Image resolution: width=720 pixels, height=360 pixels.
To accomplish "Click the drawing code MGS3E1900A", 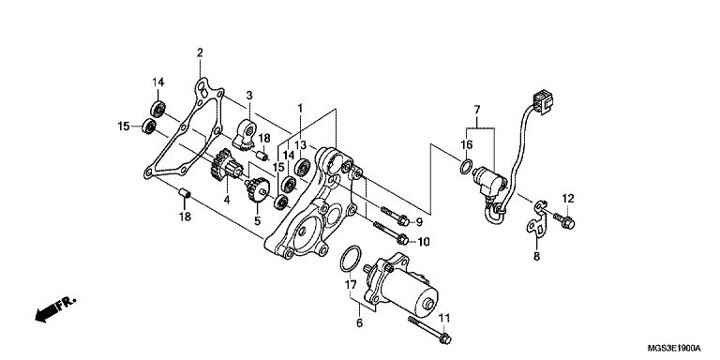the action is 674,347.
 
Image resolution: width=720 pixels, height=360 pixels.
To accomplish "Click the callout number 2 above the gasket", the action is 200,52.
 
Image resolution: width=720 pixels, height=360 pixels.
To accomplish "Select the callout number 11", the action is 444,318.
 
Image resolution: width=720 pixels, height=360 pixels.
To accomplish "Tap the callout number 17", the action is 351,285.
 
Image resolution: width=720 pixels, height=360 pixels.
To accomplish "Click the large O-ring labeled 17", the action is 351,259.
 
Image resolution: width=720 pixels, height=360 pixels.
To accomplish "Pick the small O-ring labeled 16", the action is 466,167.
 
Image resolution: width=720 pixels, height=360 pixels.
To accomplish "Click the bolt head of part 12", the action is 568,223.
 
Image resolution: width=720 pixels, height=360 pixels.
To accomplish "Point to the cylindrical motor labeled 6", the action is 402,286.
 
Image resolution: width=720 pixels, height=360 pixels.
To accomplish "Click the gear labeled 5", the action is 258,190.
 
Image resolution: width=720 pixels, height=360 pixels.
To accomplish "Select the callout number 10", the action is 424,241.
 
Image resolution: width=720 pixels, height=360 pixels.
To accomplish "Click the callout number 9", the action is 419,222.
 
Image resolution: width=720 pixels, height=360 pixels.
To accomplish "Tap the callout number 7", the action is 477,110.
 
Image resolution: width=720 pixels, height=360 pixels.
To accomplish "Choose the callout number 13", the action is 300,145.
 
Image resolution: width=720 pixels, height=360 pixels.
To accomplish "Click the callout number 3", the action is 249,96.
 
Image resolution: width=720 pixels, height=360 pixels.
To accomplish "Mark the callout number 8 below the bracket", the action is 536,257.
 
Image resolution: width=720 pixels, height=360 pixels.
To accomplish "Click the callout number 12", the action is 568,199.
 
